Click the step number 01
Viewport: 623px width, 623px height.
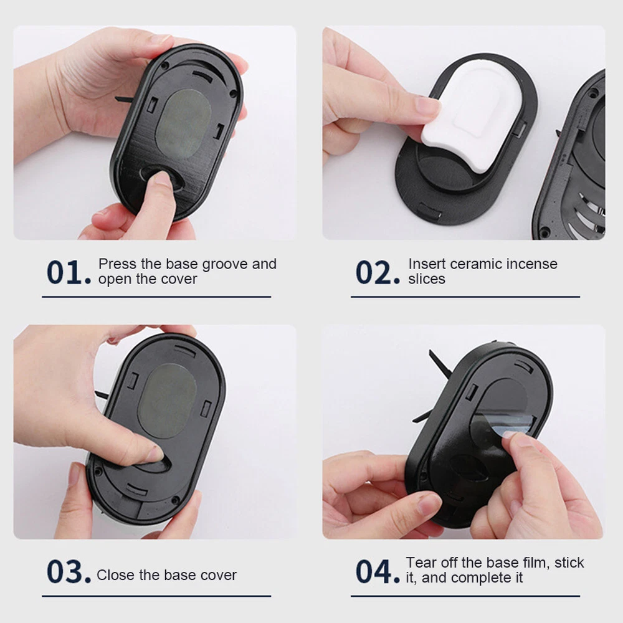tap(69, 273)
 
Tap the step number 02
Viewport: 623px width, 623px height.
tap(378, 273)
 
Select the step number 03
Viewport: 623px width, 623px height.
tap(69, 572)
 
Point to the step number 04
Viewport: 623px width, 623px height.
tap(378, 572)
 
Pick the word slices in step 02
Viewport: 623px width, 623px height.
tap(427, 279)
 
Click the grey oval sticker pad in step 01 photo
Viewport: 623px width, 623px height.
tap(183, 124)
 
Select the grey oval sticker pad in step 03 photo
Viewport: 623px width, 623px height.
tap(167, 401)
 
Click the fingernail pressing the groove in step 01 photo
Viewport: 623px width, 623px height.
tap(163, 178)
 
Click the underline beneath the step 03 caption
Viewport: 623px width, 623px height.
tap(156, 596)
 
